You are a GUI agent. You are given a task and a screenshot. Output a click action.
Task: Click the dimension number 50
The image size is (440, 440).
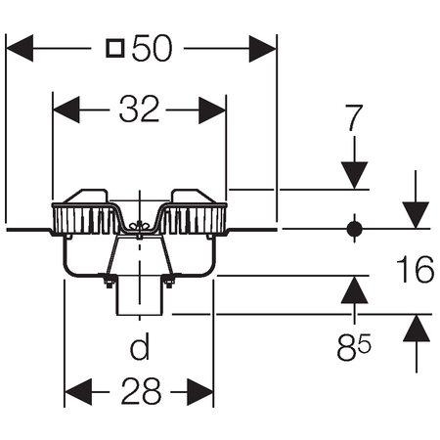[x=152, y=48]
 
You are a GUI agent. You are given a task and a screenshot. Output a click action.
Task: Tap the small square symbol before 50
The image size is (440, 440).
[x=115, y=48]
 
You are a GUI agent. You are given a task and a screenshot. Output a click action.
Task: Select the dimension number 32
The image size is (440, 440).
[x=139, y=110]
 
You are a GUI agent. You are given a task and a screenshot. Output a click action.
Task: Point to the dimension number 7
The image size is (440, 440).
[x=354, y=117]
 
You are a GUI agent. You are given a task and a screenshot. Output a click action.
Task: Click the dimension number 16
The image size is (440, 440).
[x=415, y=270]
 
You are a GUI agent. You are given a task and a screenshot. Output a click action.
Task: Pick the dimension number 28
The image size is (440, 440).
[x=141, y=391]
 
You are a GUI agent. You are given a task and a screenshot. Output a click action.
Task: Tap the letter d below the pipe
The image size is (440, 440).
[x=140, y=346]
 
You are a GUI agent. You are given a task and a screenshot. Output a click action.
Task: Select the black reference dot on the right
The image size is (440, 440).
[x=354, y=229]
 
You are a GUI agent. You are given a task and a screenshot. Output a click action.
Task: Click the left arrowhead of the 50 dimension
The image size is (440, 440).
[x=20, y=48]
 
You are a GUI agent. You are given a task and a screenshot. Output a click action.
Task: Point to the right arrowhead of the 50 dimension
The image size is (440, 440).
[x=262, y=49]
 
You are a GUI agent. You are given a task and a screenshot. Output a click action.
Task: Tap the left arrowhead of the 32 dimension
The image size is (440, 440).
[x=66, y=110]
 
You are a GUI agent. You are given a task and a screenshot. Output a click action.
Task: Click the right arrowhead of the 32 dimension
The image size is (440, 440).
[x=212, y=110]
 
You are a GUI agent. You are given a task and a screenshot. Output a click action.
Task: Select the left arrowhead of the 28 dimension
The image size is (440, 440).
[x=78, y=392]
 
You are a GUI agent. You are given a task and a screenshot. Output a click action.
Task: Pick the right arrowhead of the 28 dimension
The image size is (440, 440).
[x=200, y=392]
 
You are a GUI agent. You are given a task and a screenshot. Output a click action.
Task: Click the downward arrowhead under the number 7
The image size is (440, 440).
[x=354, y=175]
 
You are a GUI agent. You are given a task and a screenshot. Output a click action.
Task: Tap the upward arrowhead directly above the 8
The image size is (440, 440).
[x=354, y=289]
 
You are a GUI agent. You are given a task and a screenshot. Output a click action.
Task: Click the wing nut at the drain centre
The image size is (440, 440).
[x=140, y=226]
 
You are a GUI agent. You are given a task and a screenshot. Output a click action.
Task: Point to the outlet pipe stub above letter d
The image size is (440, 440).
[x=140, y=295]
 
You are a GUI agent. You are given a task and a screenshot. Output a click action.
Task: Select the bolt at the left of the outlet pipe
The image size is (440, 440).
[x=109, y=281]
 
